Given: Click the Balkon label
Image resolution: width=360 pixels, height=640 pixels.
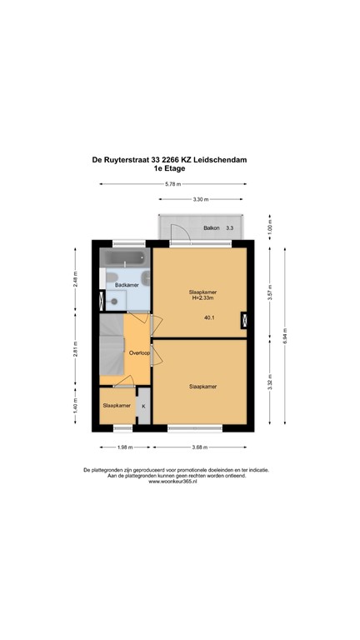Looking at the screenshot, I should coord(212,227).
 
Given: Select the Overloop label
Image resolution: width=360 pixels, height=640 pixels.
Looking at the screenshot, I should coord(139,353).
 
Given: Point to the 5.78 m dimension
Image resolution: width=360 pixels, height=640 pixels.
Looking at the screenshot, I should coord(173,183).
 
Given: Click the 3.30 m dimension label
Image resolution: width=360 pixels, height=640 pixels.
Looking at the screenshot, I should coord(200,200).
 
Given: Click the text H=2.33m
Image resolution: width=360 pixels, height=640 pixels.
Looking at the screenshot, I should coord(200,298).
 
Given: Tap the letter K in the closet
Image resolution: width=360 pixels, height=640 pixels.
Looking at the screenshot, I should coord(143,406).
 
